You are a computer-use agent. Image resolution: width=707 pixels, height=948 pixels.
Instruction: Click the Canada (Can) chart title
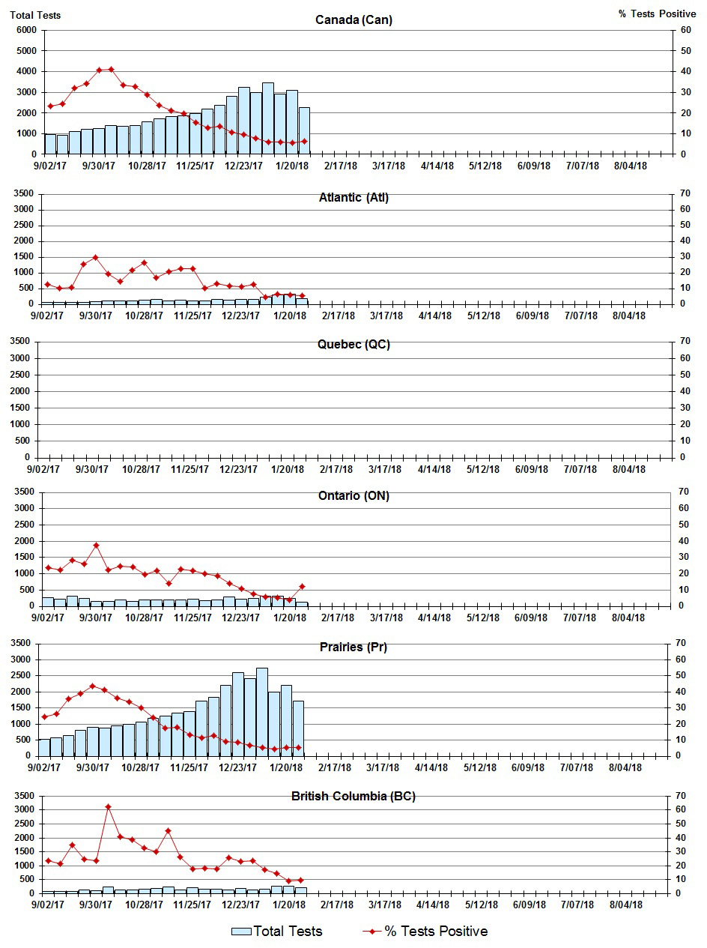tap(353, 19)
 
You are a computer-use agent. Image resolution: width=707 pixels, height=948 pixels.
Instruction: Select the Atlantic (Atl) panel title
tap(353, 198)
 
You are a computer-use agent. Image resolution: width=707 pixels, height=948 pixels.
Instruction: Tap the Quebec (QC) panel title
tap(353, 345)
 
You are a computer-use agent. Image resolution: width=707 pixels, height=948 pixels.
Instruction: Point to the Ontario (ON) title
tap(353, 496)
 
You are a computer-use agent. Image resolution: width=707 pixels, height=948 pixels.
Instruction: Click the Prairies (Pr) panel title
tap(353, 647)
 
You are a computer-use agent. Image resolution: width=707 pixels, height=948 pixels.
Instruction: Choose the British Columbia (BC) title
tap(353, 796)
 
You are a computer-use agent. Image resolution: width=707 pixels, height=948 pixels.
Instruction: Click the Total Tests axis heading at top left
tap(35, 15)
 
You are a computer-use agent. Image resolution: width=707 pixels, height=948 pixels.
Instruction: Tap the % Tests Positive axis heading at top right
tap(657, 14)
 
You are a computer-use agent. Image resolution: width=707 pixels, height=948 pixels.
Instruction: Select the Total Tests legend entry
tap(277, 932)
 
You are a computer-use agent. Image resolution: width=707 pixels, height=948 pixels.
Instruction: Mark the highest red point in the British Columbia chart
tap(108, 806)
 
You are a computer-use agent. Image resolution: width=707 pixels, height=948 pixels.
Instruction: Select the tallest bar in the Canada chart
tap(267, 118)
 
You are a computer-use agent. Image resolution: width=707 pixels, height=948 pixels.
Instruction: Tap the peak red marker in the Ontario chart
tap(96, 545)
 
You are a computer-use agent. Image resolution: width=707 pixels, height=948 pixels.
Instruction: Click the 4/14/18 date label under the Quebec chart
tap(434, 469)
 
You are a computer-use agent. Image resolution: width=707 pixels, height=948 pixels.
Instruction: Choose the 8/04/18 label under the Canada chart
tap(631, 166)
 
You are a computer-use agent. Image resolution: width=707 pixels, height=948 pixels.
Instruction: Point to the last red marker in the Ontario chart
tap(302, 586)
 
